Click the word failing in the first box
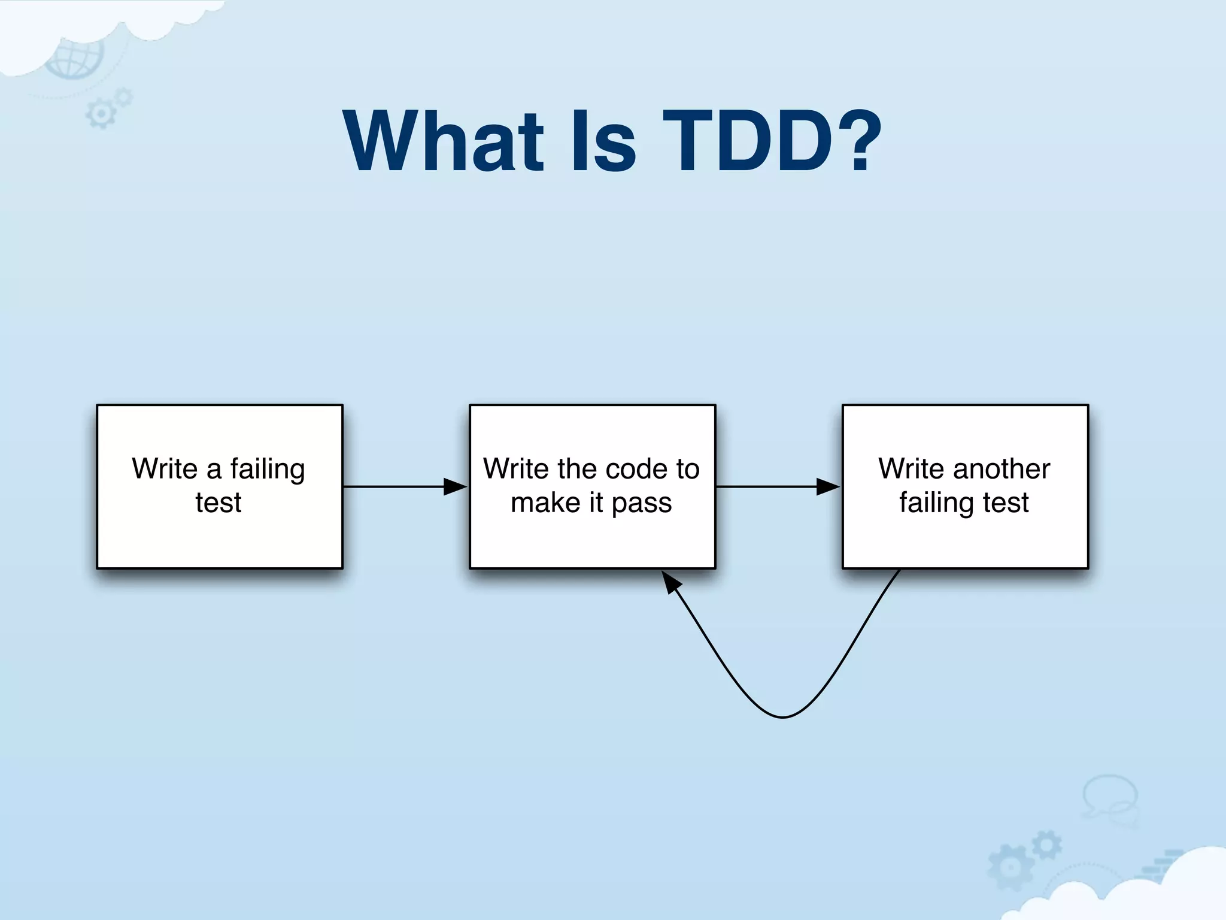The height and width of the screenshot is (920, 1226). click(268, 470)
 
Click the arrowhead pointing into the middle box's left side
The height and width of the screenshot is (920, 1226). click(455, 487)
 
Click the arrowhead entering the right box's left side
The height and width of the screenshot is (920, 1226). click(828, 487)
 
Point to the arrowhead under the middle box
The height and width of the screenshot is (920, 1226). click(672, 582)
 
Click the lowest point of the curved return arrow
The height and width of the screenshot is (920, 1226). click(783, 716)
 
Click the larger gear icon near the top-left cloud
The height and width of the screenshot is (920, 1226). click(100, 114)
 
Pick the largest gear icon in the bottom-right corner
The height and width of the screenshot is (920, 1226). click(1010, 866)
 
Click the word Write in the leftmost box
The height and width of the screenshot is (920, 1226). click(165, 469)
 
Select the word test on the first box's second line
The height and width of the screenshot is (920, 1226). click(219, 503)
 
